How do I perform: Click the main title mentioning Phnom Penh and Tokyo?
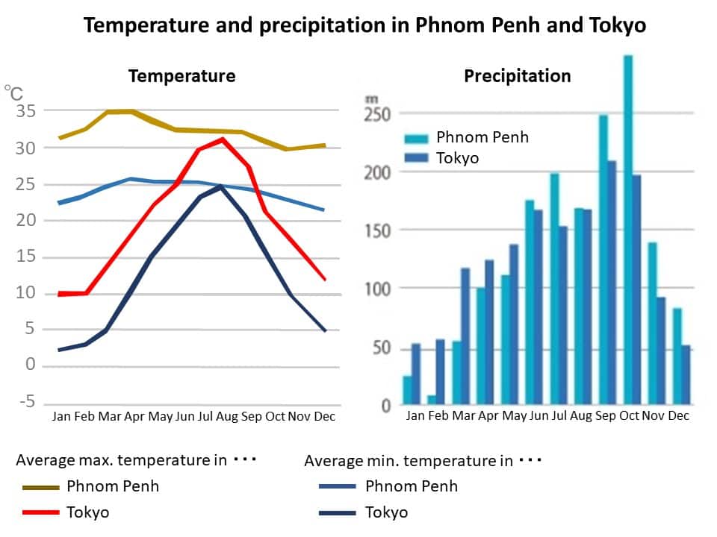coord(364,25)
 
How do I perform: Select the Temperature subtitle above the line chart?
coord(181,76)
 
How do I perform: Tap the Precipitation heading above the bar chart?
coord(517,76)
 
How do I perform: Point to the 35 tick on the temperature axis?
coord(25,112)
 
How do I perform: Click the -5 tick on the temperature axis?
coord(26,403)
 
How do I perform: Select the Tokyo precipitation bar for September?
coord(612,283)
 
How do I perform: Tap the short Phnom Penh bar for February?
coord(431,401)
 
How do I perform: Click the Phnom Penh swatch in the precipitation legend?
coord(417,138)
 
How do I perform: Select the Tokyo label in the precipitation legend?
coord(457,158)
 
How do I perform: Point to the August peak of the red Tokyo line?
coord(222,139)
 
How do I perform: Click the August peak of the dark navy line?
coord(221,186)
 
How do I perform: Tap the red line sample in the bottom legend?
coord(40,512)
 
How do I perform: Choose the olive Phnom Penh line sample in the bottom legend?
coord(40,487)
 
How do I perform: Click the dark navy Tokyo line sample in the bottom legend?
coord(338,512)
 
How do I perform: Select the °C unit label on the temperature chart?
coord(13,93)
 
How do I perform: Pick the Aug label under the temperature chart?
coord(227,416)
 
